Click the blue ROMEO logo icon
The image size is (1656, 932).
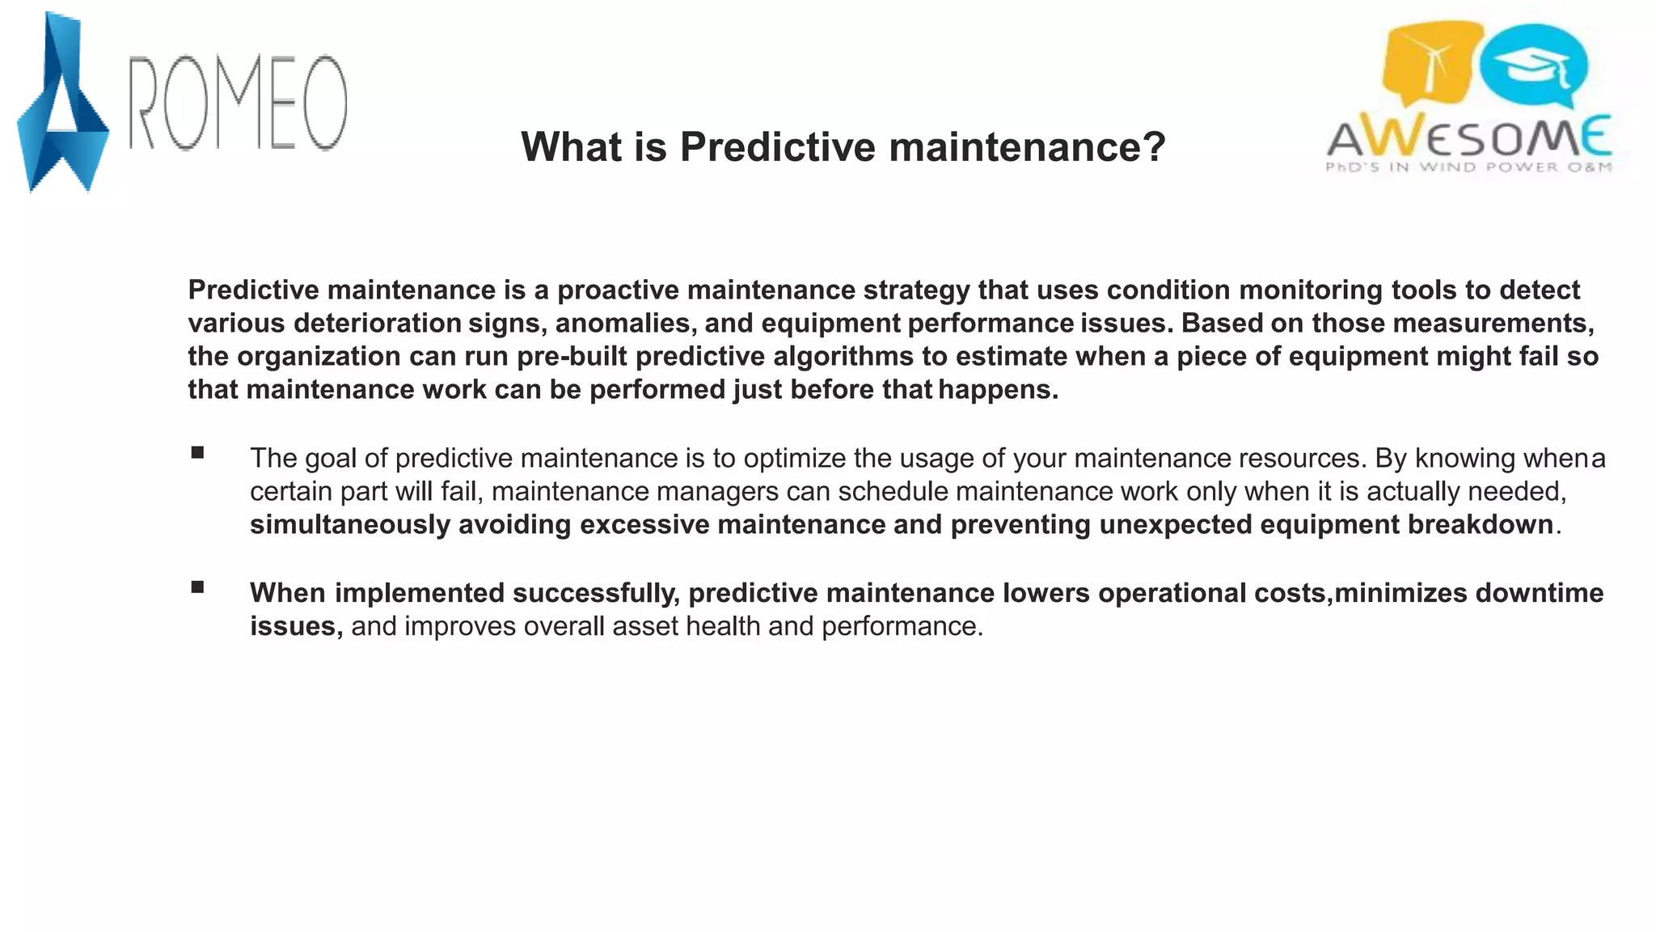tap(61, 105)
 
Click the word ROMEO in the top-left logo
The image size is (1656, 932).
tap(239, 104)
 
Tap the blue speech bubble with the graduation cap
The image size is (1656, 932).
tap(1534, 65)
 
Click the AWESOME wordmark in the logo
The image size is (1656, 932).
tap(1468, 138)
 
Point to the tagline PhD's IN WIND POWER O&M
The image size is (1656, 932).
tap(1468, 167)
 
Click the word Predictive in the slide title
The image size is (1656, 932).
tap(777, 147)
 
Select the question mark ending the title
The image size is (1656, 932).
tap(1155, 147)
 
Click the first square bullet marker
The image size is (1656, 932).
tap(197, 453)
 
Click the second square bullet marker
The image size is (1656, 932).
tap(197, 587)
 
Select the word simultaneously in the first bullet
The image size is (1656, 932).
tap(349, 525)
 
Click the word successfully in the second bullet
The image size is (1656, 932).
tap(595, 593)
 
